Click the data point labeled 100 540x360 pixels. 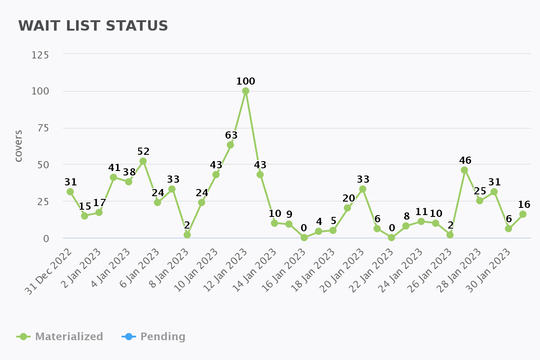(246, 91)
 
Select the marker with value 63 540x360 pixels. (230, 145)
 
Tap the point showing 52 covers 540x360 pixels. (143, 161)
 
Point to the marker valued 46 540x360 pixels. (464, 170)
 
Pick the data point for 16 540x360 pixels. (523, 214)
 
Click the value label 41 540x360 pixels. (114, 168)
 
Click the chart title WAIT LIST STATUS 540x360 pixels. (93, 26)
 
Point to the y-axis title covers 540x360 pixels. (18, 146)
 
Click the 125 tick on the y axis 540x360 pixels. (40, 55)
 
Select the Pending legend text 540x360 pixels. (162, 337)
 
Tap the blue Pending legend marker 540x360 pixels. (129, 337)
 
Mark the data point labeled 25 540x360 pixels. (480, 201)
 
